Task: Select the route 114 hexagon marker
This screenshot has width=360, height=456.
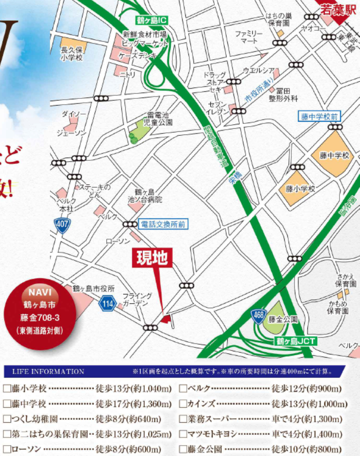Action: click(x=107, y=304)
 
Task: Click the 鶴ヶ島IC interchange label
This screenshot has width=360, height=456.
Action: click(x=151, y=20)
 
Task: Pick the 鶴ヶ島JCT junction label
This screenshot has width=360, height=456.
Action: click(x=295, y=342)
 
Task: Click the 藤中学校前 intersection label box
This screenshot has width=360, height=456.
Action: click(x=319, y=117)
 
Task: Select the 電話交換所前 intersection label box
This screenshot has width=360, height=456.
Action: click(x=162, y=224)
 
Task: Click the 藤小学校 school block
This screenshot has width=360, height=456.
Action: click(x=299, y=189)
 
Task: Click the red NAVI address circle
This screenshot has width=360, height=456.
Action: click(x=41, y=313)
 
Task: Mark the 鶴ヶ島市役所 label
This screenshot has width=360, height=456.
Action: click(x=94, y=289)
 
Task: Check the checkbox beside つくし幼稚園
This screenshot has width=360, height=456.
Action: click(x=7, y=419)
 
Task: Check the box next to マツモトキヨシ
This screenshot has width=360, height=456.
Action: click(x=183, y=434)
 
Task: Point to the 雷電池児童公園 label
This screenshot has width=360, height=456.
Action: click(x=159, y=118)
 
